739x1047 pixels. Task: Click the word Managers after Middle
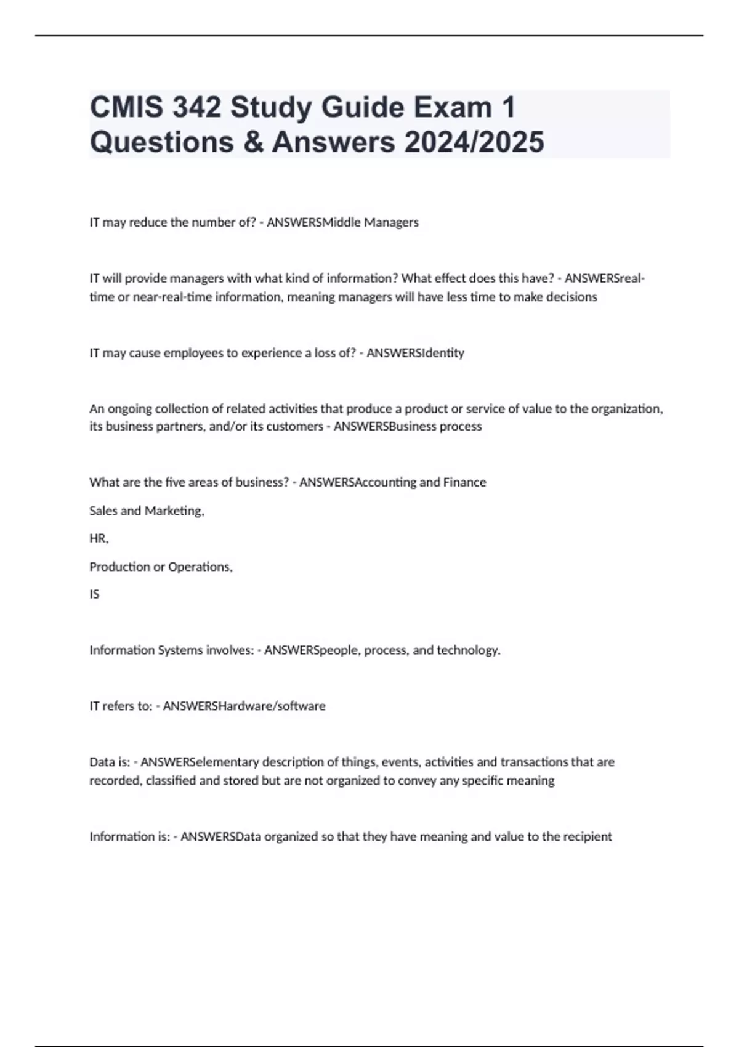(x=392, y=222)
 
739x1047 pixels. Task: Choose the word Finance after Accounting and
(x=464, y=482)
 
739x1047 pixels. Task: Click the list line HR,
(x=99, y=538)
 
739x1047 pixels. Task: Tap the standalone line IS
(x=94, y=594)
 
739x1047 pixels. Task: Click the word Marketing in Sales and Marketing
(x=174, y=511)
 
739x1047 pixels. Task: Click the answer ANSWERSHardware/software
(x=244, y=706)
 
